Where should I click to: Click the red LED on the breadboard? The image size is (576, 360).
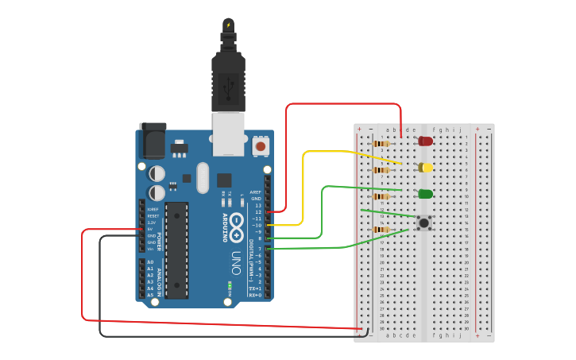[426, 141]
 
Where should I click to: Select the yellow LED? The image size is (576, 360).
[427, 168]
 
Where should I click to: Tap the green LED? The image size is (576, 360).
[426, 194]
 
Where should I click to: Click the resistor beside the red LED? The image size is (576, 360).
[381, 144]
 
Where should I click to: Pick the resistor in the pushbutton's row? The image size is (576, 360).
[381, 230]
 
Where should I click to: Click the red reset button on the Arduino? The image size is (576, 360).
[261, 145]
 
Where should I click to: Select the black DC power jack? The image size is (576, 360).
[153, 141]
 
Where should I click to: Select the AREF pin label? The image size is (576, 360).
[255, 192]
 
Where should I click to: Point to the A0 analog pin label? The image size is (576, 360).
[150, 262]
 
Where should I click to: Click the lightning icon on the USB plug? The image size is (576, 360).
[229, 25]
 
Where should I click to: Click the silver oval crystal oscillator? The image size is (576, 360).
[202, 177]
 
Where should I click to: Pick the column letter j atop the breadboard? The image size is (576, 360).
[460, 130]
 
